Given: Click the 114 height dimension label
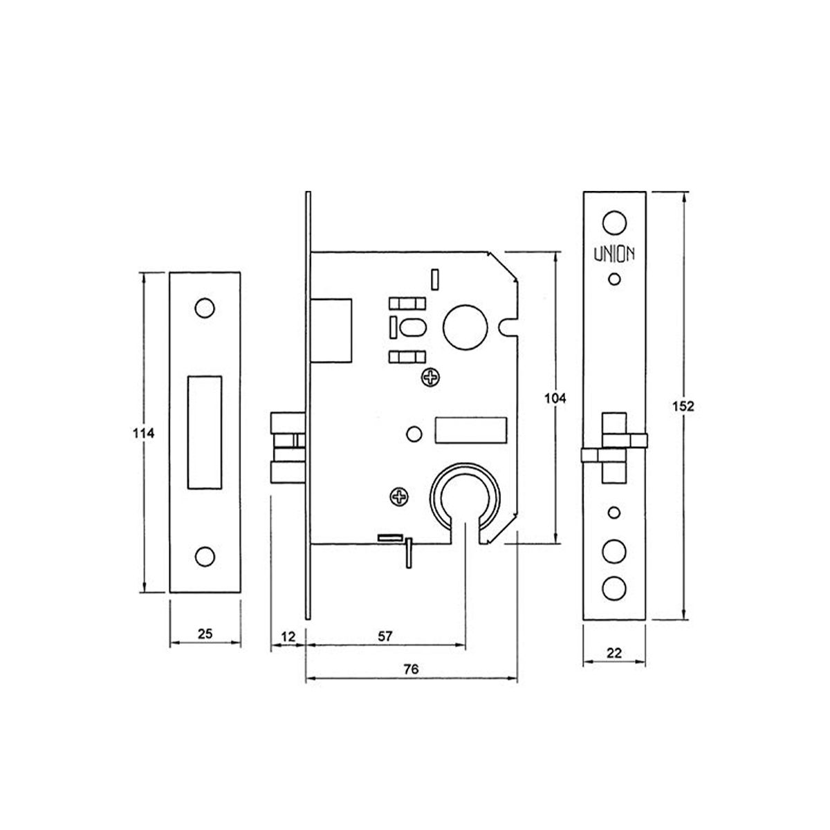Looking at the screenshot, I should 142,433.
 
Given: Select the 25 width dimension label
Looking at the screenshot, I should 205,633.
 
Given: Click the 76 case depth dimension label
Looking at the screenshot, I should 411,670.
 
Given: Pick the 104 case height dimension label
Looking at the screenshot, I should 555,398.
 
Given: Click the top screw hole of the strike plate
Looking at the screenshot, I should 204,308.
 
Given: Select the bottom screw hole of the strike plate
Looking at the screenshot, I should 204,556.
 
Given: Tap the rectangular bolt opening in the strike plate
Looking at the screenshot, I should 205,432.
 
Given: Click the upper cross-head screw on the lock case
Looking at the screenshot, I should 430,377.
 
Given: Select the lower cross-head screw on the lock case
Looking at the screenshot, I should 399,496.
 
